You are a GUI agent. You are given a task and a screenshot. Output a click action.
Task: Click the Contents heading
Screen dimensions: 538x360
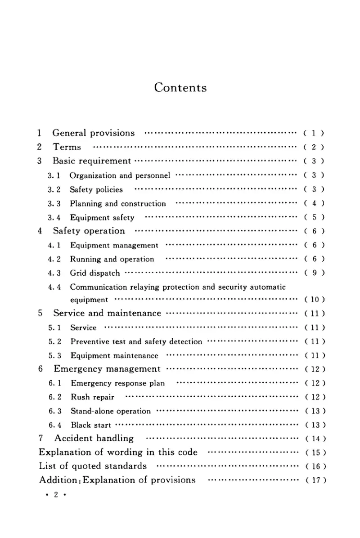(x=180, y=87)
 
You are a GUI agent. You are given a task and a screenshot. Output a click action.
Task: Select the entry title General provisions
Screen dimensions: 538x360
(x=94, y=133)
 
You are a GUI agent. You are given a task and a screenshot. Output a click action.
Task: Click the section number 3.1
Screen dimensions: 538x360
(x=54, y=175)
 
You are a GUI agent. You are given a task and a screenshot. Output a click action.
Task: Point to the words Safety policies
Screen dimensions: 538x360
(x=96, y=189)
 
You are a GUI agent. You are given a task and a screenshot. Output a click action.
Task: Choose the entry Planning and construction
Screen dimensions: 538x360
(x=118, y=204)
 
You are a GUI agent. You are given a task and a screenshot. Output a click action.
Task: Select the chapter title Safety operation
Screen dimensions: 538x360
(x=89, y=231)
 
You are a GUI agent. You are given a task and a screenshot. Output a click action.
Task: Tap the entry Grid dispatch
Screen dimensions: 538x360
(x=95, y=273)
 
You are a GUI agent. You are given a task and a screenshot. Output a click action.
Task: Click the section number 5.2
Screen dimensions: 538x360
(x=55, y=342)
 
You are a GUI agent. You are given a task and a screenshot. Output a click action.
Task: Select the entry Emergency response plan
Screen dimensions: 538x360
(x=118, y=384)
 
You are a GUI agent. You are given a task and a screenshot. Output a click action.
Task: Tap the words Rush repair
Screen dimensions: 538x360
(x=93, y=398)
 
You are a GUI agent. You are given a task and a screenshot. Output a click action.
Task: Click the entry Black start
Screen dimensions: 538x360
(x=91, y=425)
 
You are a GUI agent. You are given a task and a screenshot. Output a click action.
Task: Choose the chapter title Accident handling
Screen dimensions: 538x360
(x=94, y=439)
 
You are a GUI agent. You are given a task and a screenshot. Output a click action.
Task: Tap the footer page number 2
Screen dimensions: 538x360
(x=56, y=494)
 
